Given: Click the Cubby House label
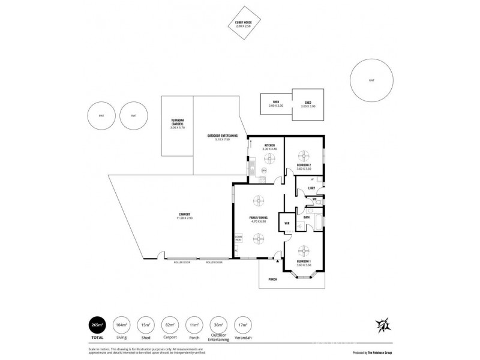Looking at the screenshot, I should (x=243, y=25).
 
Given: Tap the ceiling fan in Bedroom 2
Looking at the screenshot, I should (x=304, y=154).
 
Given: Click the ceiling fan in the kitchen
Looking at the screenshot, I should (x=269, y=158).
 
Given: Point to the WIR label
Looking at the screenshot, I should (x=287, y=224).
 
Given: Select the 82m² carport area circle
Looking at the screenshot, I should (x=170, y=325).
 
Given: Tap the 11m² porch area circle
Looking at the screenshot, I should (x=194, y=325).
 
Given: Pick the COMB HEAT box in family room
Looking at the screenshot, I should (x=238, y=239).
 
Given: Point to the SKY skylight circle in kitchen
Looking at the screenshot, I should (x=264, y=171).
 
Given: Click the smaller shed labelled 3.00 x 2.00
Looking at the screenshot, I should (x=275, y=103).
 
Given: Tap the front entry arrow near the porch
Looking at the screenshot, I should (x=277, y=260).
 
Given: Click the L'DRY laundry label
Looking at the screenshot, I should (x=311, y=189).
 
